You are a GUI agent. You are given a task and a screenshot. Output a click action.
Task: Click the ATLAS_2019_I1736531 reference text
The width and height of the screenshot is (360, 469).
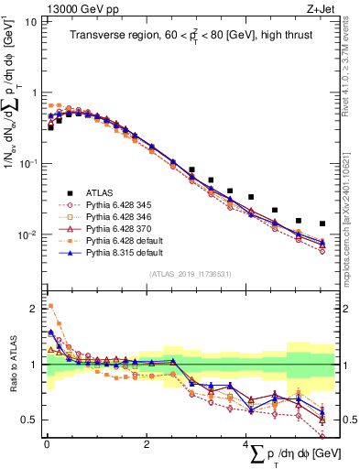(x=190, y=273)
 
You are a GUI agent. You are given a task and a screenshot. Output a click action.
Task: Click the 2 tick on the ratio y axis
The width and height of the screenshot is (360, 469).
(x=34, y=306)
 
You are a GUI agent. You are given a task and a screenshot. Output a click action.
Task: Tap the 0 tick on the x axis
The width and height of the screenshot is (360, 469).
(x=47, y=443)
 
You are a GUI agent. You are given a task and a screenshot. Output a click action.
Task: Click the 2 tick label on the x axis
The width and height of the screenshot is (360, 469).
(x=147, y=443)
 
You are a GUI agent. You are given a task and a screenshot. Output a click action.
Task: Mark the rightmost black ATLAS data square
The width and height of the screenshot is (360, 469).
(x=322, y=224)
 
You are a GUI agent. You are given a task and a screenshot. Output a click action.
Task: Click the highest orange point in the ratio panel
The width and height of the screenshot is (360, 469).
(x=50, y=306)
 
